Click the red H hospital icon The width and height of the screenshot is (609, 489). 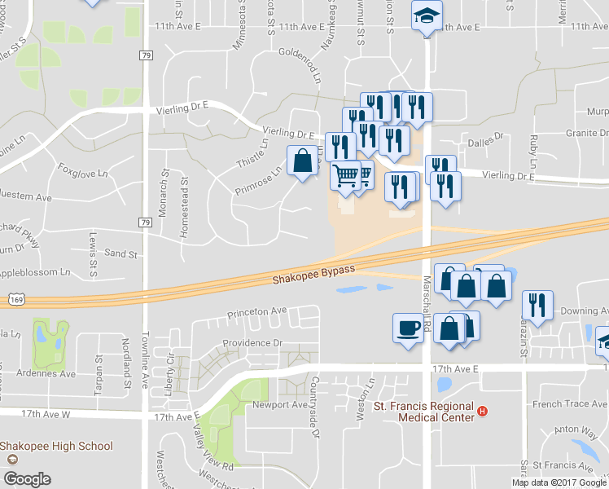483,412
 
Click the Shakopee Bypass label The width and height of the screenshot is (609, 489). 313,275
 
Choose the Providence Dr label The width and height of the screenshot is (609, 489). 254,344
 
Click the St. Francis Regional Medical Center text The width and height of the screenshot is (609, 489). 423,412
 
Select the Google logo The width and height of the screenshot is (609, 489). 28,479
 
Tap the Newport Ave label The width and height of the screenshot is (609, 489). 279,405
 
